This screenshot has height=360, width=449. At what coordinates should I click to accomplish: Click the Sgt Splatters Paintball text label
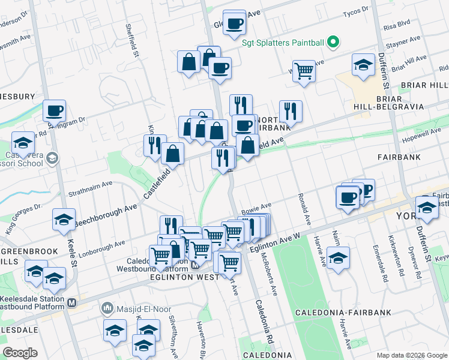283,43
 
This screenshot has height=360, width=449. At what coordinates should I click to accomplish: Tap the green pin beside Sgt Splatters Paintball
334,43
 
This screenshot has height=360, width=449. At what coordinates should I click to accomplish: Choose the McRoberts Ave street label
268,274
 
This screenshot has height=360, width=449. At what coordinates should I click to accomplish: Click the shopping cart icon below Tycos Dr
304,71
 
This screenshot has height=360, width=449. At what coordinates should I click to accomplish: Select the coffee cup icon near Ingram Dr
54,110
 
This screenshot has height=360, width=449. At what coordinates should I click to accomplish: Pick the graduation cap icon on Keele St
64,220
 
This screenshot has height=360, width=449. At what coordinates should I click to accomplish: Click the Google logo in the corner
20,353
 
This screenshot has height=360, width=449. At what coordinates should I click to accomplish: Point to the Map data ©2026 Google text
412,355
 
